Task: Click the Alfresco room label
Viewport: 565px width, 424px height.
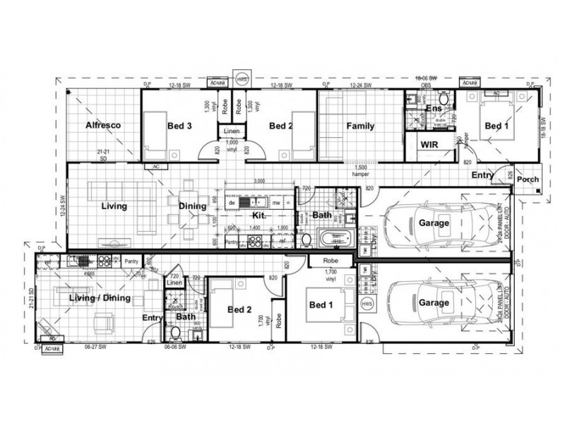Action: (x=105, y=126)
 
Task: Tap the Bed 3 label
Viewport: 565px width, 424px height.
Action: (x=179, y=126)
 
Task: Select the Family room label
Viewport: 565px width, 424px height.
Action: (x=359, y=126)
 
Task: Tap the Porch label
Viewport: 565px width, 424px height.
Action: (x=528, y=179)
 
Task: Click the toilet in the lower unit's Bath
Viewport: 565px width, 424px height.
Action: (x=177, y=331)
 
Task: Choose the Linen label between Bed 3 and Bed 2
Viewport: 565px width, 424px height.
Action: (x=232, y=132)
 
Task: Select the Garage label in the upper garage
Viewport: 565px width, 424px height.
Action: (x=434, y=223)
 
